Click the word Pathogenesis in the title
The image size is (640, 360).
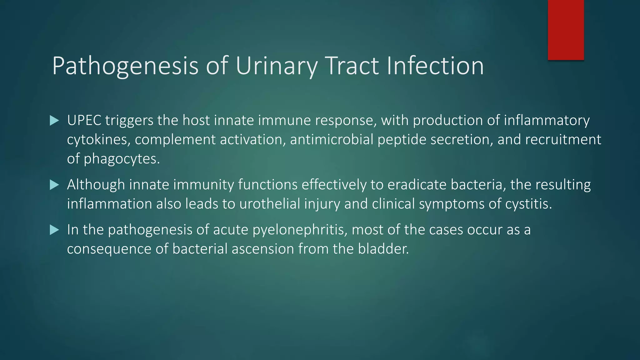(x=125, y=66)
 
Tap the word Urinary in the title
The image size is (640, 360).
(x=277, y=66)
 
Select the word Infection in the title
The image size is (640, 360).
(x=435, y=66)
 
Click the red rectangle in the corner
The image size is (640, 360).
(x=566, y=30)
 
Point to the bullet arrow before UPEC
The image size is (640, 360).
(x=54, y=121)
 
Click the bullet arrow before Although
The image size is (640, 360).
(x=54, y=185)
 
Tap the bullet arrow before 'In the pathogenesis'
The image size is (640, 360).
(x=54, y=230)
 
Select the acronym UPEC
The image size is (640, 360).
(x=84, y=121)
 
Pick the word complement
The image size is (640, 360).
(x=175, y=140)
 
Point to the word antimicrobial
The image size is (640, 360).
(x=332, y=140)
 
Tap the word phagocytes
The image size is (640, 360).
(x=122, y=159)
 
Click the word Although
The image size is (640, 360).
(x=96, y=185)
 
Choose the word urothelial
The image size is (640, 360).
(x=270, y=204)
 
